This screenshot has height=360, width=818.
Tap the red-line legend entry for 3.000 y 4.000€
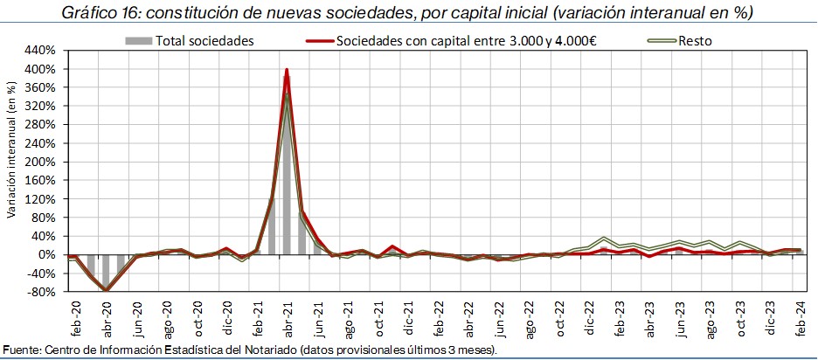click(x=464, y=41)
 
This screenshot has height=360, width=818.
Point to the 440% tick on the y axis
click(x=43, y=50)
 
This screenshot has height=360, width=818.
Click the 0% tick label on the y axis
click(x=49, y=255)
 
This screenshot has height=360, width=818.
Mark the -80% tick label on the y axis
click(x=43, y=292)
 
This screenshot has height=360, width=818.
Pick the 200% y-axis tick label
click(x=43, y=162)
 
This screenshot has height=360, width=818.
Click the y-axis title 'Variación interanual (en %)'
click(x=11, y=162)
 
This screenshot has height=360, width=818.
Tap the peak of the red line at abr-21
click(x=287, y=70)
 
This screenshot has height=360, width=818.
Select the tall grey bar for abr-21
click(x=287, y=175)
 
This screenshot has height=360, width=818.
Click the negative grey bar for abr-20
click(x=107, y=272)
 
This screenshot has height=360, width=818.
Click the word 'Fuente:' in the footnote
click(x=22, y=350)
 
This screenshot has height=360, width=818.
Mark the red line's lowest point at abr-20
click(x=107, y=290)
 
